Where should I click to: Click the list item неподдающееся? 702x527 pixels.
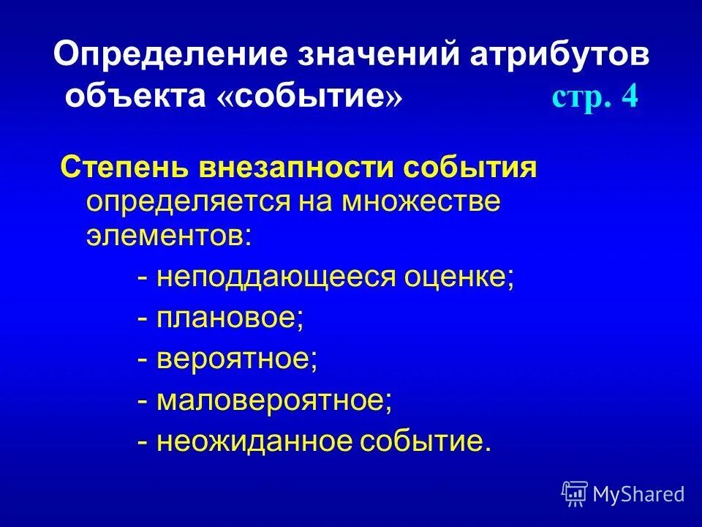(272, 278)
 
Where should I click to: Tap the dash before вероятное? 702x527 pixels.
(144, 360)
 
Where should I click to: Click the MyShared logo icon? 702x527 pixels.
(575, 493)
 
